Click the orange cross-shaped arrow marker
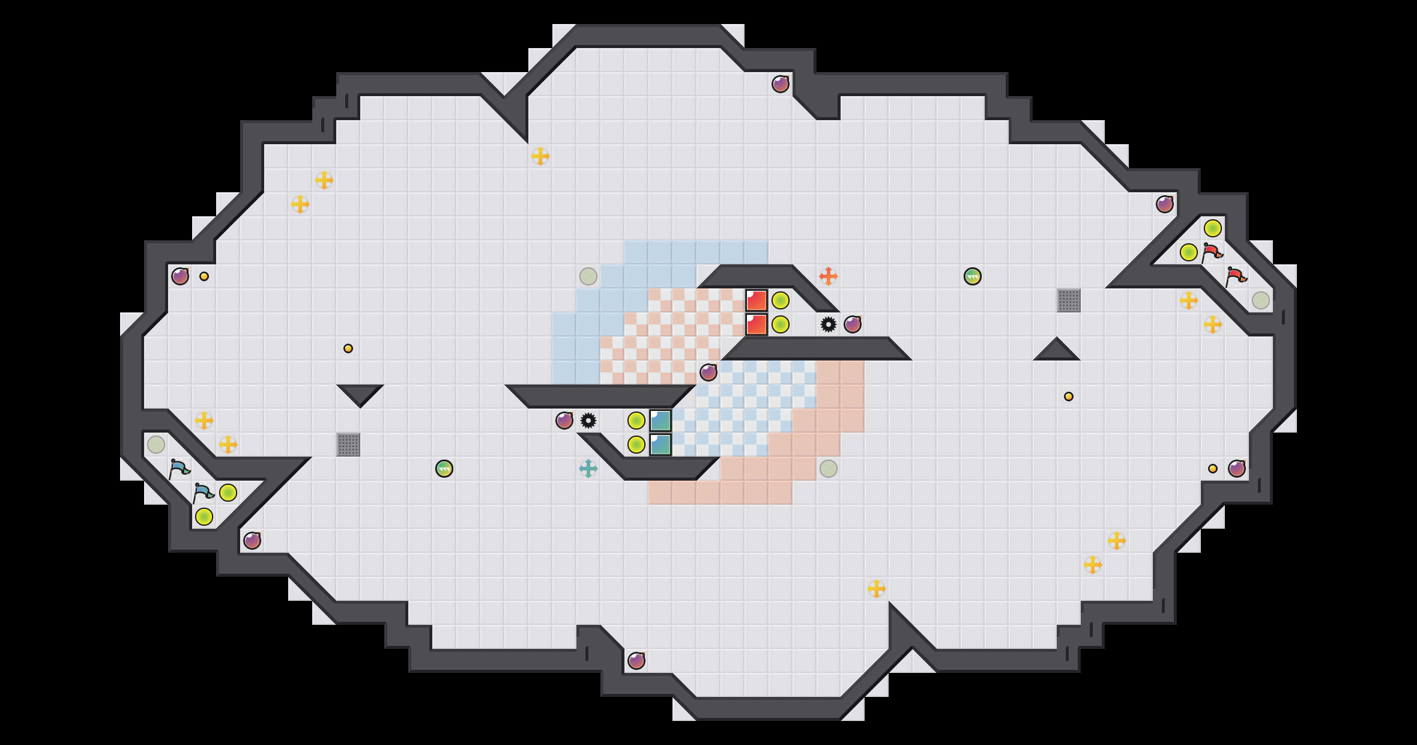tap(829, 276)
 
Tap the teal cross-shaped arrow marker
tap(588, 469)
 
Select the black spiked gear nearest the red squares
tap(829, 324)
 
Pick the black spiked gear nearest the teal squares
tap(588, 421)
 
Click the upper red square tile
tap(757, 300)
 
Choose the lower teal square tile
tap(660, 445)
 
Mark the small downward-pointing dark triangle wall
tap(360, 394)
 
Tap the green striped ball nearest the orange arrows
tap(973, 276)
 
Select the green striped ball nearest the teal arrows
tap(444, 469)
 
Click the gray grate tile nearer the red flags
tap(1069, 300)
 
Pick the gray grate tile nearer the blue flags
tap(348, 445)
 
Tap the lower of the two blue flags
tap(203, 493)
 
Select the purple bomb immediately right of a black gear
tap(853, 324)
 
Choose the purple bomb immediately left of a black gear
tap(564, 421)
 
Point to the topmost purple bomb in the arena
tap(781, 84)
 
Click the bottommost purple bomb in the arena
tap(636, 661)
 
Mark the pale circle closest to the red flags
tap(1261, 300)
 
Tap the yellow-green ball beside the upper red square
tap(781, 300)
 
